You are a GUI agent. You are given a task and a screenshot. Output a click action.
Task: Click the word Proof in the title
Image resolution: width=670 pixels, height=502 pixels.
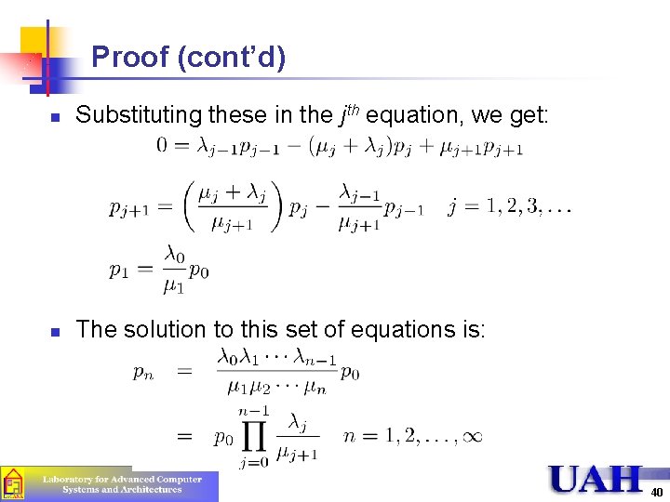click(131, 58)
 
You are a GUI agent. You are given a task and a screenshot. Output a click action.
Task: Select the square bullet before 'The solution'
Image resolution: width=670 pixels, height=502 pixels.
click(55, 331)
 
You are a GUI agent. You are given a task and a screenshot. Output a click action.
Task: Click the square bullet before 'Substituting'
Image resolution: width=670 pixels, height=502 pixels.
click(55, 117)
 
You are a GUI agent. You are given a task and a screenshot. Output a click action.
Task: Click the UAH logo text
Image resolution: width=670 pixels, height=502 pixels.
click(595, 480)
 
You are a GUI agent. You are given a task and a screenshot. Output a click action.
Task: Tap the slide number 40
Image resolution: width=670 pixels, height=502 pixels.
click(656, 492)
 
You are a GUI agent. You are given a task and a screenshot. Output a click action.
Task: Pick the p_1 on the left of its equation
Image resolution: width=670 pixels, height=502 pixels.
click(119, 270)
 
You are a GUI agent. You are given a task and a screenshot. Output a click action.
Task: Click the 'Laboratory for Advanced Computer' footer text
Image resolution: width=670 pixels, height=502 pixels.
click(121, 480)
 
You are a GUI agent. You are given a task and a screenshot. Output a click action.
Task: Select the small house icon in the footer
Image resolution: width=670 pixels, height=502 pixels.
click(13, 484)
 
